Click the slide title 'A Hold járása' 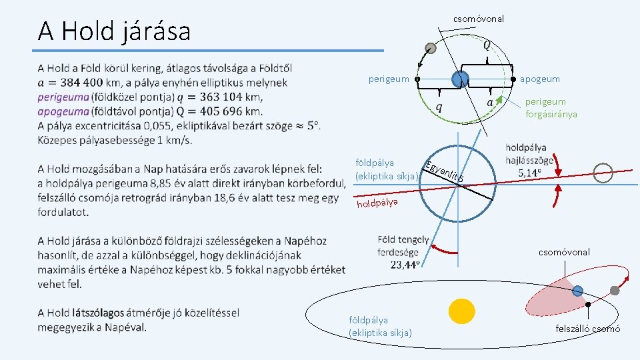pyautogui.click(x=114, y=31)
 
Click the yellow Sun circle pyautogui.click(x=461, y=312)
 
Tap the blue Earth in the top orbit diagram pyautogui.click(x=459, y=79)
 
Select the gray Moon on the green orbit pyautogui.click(x=431, y=48)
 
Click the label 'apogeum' pyautogui.click(x=540, y=79)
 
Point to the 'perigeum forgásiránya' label pyautogui.click(x=551, y=108)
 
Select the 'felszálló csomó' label pyautogui.click(x=587, y=329)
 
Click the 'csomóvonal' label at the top pyautogui.click(x=479, y=19)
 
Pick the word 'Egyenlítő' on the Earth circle pyautogui.click(x=443, y=171)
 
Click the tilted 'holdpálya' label pyautogui.click(x=377, y=201)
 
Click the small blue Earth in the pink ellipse pyautogui.click(x=577, y=290)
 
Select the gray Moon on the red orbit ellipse pyautogui.click(x=615, y=291)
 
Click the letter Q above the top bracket pyautogui.click(x=488, y=45)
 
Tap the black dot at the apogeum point pyautogui.click(x=513, y=79)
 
